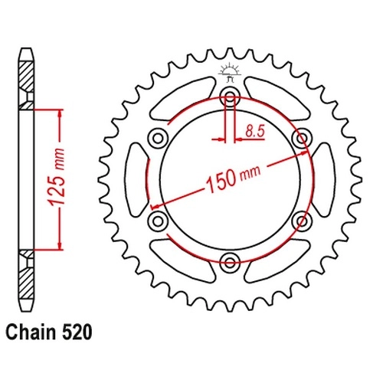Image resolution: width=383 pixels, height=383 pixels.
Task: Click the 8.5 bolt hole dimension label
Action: click(x=254, y=132)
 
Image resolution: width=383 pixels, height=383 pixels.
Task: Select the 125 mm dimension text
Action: click(x=56, y=177)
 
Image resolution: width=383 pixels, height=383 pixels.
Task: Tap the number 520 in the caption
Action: click(x=77, y=332)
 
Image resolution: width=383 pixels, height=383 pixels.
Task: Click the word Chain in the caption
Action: click(x=31, y=332)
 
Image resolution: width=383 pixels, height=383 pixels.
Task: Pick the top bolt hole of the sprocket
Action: click(x=230, y=97)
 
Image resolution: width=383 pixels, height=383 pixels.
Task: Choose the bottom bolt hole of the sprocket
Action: click(x=230, y=261)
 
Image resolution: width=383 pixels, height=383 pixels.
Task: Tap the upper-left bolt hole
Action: click(x=158, y=139)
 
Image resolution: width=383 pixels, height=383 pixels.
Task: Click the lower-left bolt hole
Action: click(x=158, y=221)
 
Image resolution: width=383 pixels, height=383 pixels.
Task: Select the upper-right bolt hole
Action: click(x=302, y=139)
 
